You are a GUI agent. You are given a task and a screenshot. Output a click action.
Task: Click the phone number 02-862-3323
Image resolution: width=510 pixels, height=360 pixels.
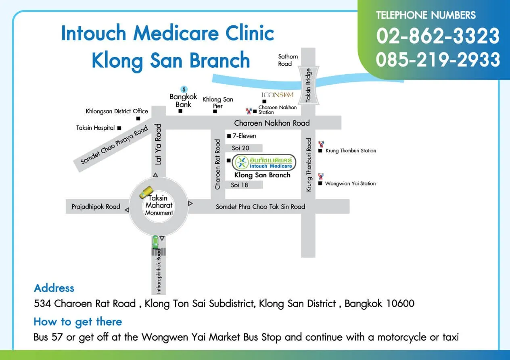(438, 36)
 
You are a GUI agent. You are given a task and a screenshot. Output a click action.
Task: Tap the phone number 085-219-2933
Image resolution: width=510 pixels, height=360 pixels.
(438, 60)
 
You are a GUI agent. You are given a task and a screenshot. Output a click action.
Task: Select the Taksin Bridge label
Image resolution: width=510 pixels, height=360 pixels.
(308, 85)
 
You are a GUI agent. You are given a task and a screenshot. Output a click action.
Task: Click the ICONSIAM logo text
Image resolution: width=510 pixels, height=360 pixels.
(278, 95)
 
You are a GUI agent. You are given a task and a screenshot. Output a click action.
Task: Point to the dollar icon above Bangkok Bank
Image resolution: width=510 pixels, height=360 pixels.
(184, 89)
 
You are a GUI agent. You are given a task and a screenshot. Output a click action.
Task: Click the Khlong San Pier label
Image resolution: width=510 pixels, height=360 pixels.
(217, 102)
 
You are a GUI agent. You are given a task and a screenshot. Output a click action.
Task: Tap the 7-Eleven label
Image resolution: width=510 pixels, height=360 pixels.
(244, 136)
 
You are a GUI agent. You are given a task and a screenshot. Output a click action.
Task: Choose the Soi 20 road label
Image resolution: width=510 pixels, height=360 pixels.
(240, 148)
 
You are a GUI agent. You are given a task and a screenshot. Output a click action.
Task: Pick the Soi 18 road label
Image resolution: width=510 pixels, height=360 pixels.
(240, 185)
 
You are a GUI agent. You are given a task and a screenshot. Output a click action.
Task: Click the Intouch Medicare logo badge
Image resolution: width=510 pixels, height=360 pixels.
(265, 162)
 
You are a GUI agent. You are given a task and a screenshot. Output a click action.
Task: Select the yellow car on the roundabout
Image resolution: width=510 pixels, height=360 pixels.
(146, 192)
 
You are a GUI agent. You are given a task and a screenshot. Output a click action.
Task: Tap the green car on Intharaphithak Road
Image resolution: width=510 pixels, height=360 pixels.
(155, 242)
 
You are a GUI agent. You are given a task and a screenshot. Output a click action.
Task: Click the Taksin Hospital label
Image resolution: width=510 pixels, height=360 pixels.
(96, 128)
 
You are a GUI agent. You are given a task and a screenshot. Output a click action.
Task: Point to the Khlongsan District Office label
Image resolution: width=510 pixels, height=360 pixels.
(117, 111)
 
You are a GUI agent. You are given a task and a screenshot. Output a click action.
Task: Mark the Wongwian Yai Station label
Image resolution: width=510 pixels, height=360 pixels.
(350, 183)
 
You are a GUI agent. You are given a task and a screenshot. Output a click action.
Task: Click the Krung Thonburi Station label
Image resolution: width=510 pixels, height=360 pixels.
(351, 151)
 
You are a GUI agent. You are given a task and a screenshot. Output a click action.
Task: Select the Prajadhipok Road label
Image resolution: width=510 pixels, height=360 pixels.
(96, 207)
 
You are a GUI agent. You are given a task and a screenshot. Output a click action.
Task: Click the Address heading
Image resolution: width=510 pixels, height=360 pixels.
(54, 288)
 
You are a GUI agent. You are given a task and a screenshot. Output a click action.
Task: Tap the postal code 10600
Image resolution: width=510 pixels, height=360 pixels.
(400, 303)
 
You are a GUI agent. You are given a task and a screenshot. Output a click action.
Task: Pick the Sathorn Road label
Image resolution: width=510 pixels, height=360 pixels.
(288, 60)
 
